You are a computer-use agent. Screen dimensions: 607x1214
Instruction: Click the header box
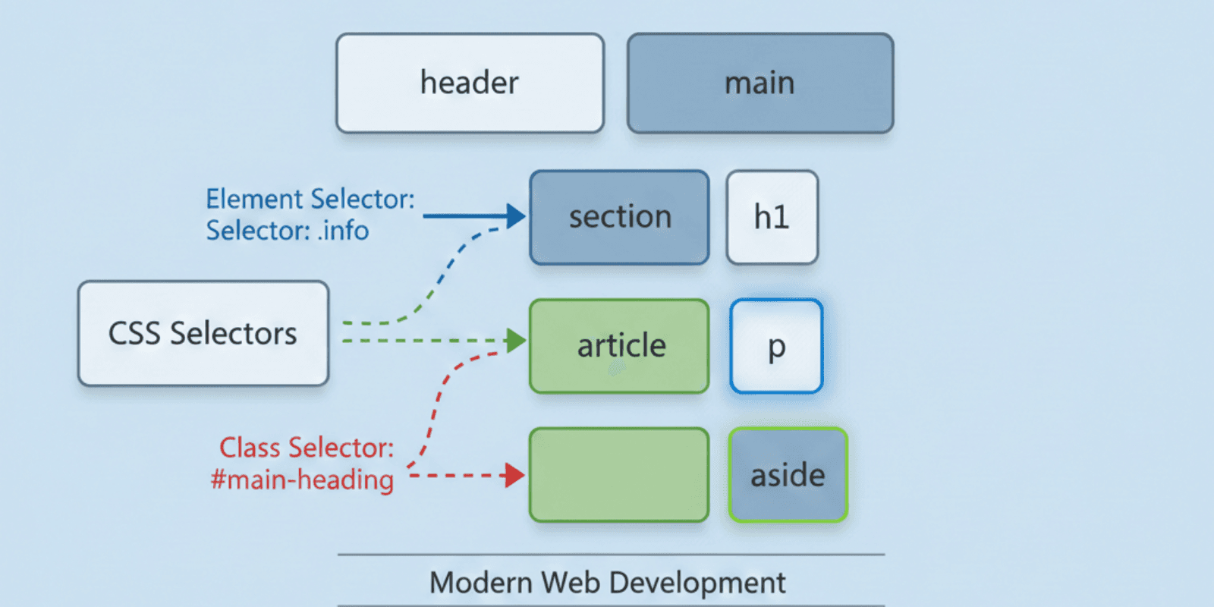coord(470,83)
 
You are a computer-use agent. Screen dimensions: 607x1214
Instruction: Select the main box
coord(760,83)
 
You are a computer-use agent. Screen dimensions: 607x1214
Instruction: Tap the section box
coord(619,218)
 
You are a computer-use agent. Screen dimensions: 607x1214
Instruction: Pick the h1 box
coord(772,218)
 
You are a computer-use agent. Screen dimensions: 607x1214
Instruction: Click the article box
coord(619,346)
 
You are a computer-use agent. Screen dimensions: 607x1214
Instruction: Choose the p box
coord(776,346)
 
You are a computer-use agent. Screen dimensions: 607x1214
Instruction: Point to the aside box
coord(788,476)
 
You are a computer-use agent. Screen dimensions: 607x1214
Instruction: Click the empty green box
coord(619,476)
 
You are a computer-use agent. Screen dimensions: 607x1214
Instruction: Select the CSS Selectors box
coord(203,334)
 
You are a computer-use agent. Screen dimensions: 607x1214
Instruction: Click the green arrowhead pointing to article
coord(517,341)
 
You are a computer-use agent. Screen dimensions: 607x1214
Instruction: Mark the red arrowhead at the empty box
coord(515,476)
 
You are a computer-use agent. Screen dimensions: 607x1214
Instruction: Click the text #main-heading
coord(302,480)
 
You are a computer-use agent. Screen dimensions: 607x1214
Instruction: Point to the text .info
coord(343,231)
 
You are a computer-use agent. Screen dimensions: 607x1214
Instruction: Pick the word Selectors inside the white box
coord(233,334)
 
